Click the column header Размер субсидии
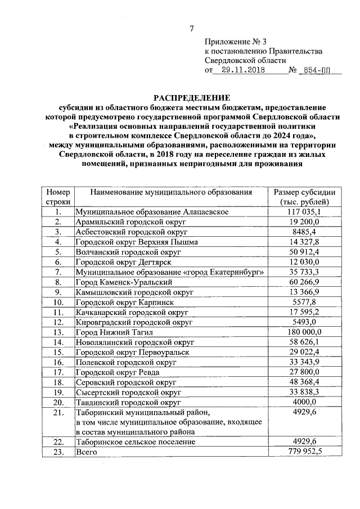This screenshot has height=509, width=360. coord(304,192)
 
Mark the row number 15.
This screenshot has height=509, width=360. coord(57,353)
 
